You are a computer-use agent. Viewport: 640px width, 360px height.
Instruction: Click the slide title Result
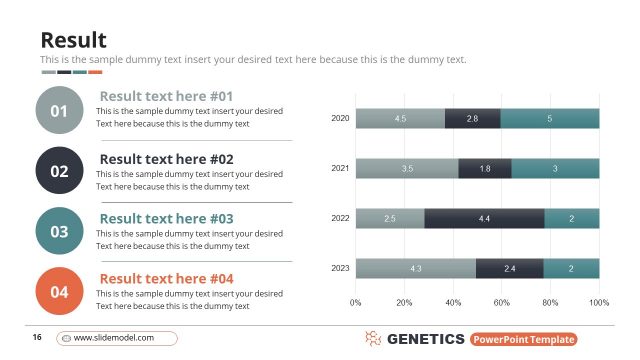73,40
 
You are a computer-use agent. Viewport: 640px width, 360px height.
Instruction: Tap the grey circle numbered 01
59,110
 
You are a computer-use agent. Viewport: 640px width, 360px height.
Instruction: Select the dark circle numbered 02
59,171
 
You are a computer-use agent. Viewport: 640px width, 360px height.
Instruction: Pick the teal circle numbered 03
59,232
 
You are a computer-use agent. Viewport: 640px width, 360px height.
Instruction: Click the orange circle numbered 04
59,292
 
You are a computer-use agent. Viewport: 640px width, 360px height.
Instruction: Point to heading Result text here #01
166,96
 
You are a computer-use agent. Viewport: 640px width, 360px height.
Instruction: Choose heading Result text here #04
166,278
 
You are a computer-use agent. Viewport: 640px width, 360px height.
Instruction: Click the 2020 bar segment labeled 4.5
400,119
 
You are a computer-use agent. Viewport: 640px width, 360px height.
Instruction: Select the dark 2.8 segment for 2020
472,119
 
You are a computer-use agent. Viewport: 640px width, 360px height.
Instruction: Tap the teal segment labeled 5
550,119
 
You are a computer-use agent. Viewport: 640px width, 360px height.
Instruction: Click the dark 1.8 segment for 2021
485,169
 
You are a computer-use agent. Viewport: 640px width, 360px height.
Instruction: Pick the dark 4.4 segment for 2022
484,218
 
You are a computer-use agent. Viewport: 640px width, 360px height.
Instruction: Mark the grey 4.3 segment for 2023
415,268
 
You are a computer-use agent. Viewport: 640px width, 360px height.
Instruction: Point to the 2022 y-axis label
340,218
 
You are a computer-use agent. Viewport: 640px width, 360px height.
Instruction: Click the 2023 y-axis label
340,268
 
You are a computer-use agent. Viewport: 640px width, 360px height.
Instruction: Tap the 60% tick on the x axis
502,301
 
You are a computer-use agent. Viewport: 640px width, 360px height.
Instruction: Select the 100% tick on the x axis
599,301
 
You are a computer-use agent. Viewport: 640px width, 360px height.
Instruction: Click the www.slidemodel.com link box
116,338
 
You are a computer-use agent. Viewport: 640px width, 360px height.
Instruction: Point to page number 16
37,338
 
